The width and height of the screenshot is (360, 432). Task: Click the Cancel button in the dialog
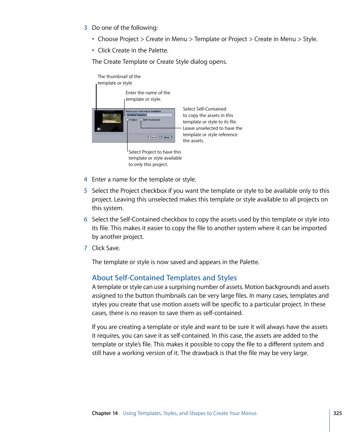[154, 137]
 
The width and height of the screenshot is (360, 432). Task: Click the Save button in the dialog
[166, 137]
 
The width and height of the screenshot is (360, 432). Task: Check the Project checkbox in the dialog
[128, 120]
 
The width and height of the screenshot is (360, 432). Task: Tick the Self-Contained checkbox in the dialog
[141, 120]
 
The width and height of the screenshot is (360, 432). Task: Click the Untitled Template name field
[149, 115]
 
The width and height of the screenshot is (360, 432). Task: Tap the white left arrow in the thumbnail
[99, 129]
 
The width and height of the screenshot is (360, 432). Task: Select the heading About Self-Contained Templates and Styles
[164, 278]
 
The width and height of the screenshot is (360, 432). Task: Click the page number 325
[337, 413]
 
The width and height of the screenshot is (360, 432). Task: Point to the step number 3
[86, 28]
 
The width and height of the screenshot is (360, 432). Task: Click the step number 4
[86, 180]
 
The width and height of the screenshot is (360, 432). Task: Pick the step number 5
[86, 191]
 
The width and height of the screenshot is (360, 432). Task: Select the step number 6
[86, 220]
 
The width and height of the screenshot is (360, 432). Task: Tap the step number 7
[86, 248]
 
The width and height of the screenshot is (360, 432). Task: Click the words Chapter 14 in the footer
[105, 413]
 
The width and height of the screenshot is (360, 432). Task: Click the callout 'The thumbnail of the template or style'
[118, 80]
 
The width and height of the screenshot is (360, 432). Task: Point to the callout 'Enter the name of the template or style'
[148, 96]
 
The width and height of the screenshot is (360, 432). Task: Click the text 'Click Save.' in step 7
[106, 248]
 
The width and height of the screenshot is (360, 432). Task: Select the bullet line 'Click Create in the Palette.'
[133, 51]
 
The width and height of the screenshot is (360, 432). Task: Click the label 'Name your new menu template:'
[143, 111]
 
